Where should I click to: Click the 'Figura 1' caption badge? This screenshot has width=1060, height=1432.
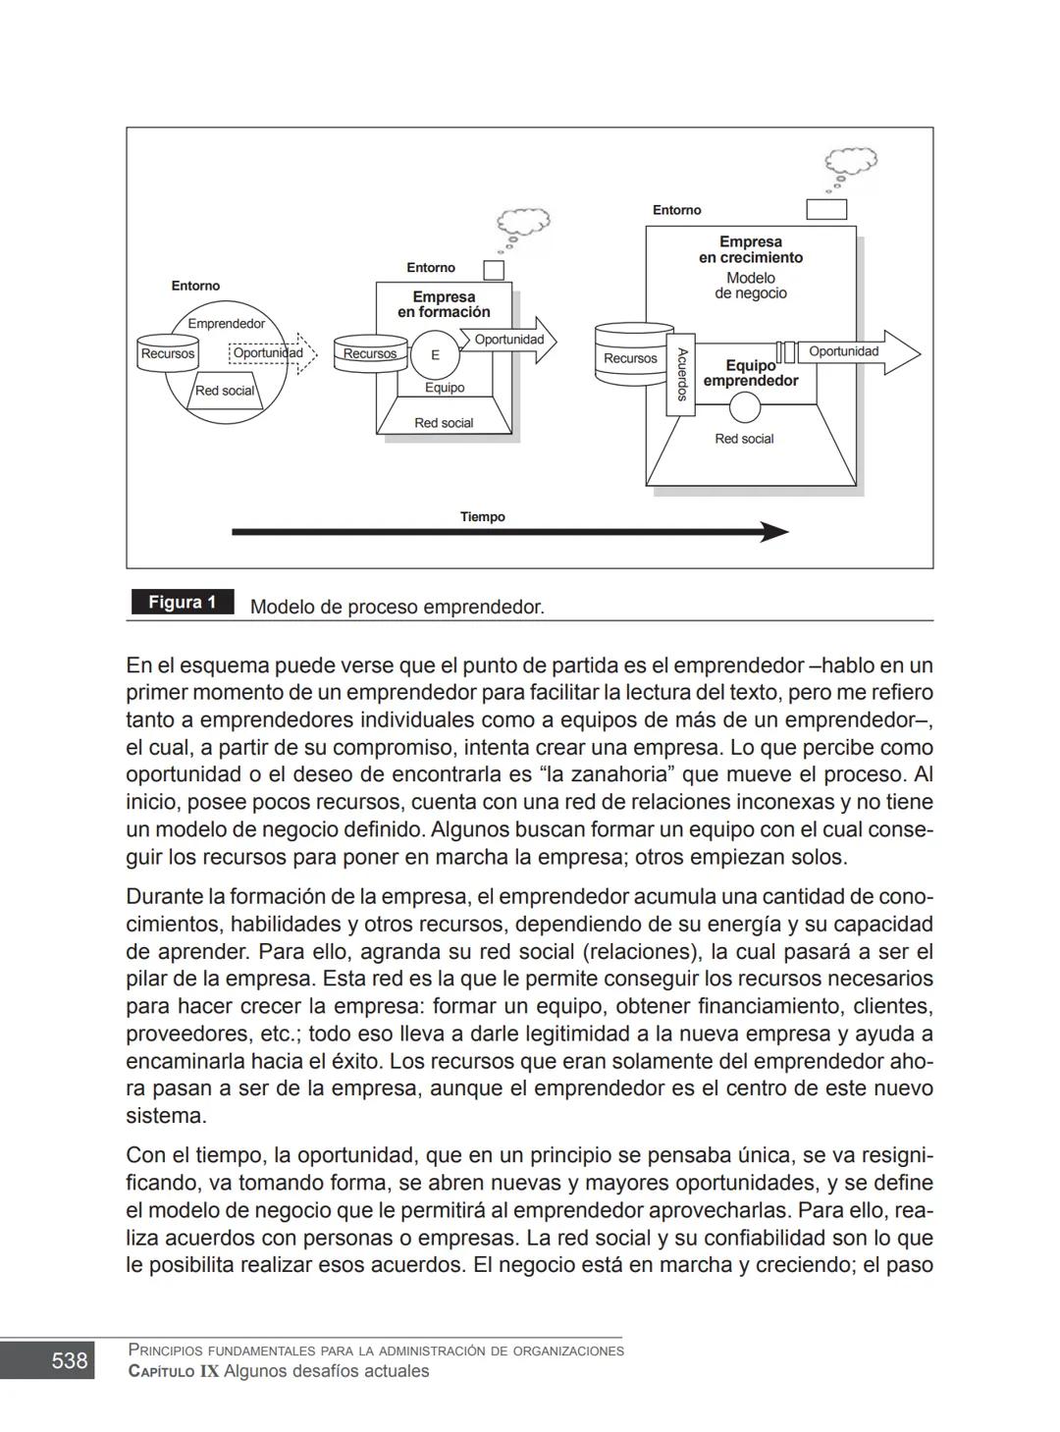(183, 602)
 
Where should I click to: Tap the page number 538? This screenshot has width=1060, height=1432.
(69, 1360)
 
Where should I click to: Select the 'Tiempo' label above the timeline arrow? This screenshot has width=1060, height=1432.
(483, 516)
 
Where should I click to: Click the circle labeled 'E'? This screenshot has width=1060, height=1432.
(435, 355)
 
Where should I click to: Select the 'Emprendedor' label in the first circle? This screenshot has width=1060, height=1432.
(226, 323)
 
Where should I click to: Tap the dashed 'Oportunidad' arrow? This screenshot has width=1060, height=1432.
(273, 353)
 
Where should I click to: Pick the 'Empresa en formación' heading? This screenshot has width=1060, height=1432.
(444, 304)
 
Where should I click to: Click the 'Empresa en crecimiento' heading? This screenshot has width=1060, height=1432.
(751, 249)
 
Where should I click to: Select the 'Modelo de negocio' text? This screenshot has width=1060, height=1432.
(751, 286)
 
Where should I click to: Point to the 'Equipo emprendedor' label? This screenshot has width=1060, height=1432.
(751, 374)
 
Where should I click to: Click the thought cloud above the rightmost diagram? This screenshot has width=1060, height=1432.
(849, 160)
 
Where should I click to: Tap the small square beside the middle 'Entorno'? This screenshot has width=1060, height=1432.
(494, 270)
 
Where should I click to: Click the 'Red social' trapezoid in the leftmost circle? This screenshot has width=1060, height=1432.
(225, 390)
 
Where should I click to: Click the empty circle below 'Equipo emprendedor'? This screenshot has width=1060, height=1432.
(745, 406)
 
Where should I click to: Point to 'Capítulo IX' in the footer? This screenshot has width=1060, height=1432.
(174, 1371)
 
